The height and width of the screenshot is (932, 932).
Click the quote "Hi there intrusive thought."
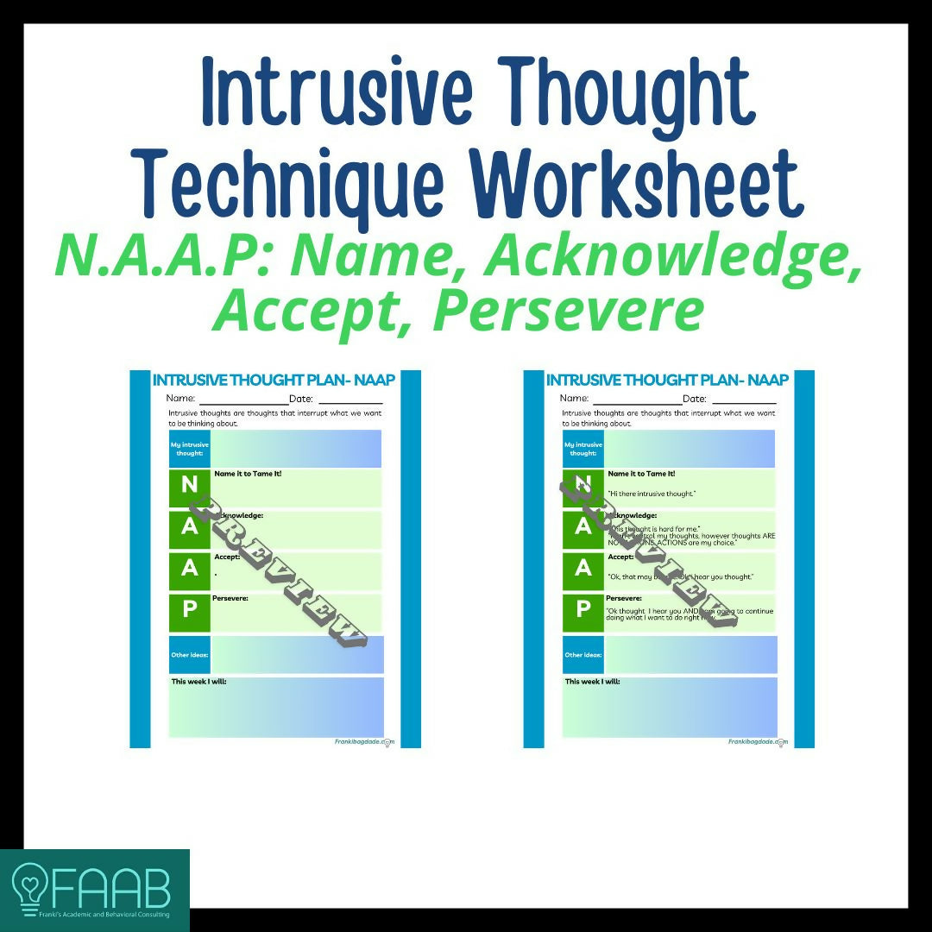pyautogui.click(x=652, y=493)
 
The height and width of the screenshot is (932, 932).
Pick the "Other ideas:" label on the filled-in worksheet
pyautogui.click(x=582, y=655)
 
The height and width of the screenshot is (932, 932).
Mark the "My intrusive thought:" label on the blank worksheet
pyautogui.click(x=189, y=449)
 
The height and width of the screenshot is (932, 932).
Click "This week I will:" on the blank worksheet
pyautogui.click(x=198, y=682)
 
